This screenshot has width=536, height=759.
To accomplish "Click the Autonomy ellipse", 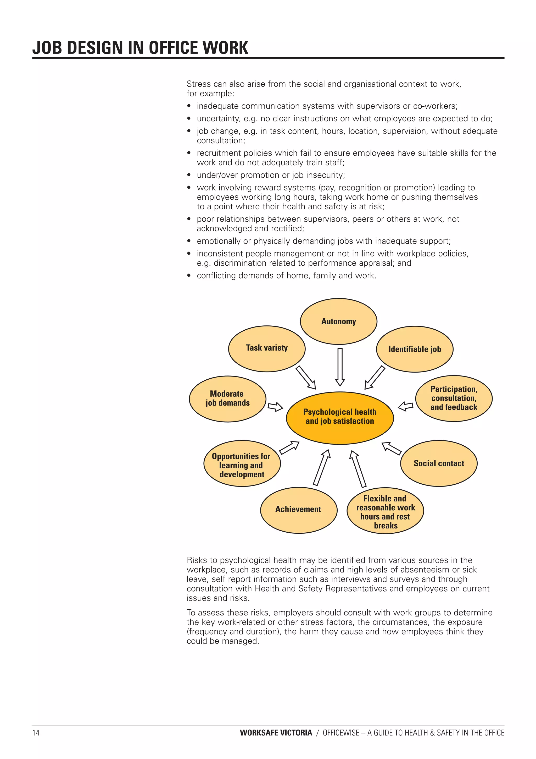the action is (x=338, y=321).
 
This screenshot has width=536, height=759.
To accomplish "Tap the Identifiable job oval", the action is (x=415, y=349).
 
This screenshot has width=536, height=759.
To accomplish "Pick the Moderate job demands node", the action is (x=227, y=399).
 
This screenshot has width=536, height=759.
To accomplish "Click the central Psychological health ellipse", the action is (x=339, y=418).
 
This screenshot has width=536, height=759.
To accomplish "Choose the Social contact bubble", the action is (x=439, y=463).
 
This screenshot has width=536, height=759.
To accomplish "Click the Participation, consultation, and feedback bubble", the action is (x=454, y=398).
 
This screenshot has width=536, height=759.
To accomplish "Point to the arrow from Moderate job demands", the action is (x=275, y=406).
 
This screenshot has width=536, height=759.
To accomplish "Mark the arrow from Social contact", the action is (x=391, y=448).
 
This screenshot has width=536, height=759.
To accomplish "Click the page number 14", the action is (x=36, y=733).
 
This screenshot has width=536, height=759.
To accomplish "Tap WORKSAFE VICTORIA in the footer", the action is (x=276, y=733).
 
